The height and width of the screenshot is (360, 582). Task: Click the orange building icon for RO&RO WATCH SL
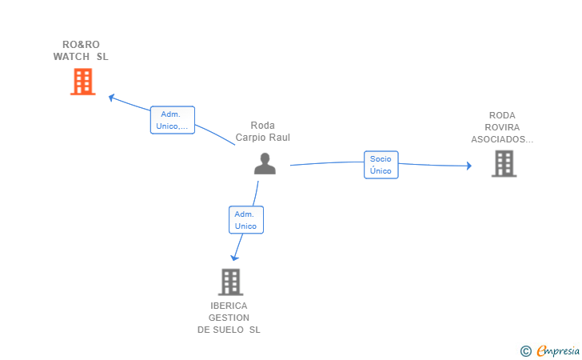[82, 82]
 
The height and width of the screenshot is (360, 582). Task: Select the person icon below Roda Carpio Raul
[265, 163]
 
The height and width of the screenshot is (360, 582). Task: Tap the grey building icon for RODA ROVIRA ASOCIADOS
[504, 163]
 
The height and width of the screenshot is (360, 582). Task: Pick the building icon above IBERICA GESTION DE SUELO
[230, 282]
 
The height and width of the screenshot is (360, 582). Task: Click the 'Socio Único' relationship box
[381, 165]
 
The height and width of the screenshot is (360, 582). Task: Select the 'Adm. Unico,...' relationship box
[172, 120]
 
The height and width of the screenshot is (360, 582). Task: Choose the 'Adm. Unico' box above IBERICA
[245, 220]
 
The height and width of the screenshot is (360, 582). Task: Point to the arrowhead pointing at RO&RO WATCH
[112, 98]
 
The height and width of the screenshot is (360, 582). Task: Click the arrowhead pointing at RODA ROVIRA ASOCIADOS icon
[468, 166]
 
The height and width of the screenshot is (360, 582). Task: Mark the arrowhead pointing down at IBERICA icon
[234, 257]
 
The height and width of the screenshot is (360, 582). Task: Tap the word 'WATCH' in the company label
[71, 57]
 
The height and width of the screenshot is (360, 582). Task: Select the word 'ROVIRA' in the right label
[502, 127]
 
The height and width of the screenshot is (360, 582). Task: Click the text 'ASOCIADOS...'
[502, 139]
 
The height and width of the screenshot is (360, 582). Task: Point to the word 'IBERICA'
[229, 306]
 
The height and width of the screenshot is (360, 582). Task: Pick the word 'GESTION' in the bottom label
[229, 318]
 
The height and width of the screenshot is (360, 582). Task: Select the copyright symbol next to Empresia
[526, 350]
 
